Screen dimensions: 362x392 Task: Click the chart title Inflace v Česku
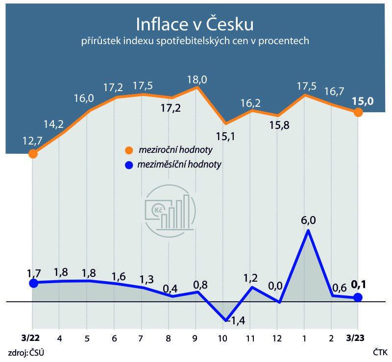pyautogui.click(x=195, y=24)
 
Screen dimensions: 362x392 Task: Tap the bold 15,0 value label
pyautogui.click(x=363, y=101)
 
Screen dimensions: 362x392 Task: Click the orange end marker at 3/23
pyautogui.click(x=358, y=113)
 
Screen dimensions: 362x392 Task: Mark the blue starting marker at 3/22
pyautogui.click(x=33, y=283)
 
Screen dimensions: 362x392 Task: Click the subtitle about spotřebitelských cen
pyautogui.click(x=195, y=42)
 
